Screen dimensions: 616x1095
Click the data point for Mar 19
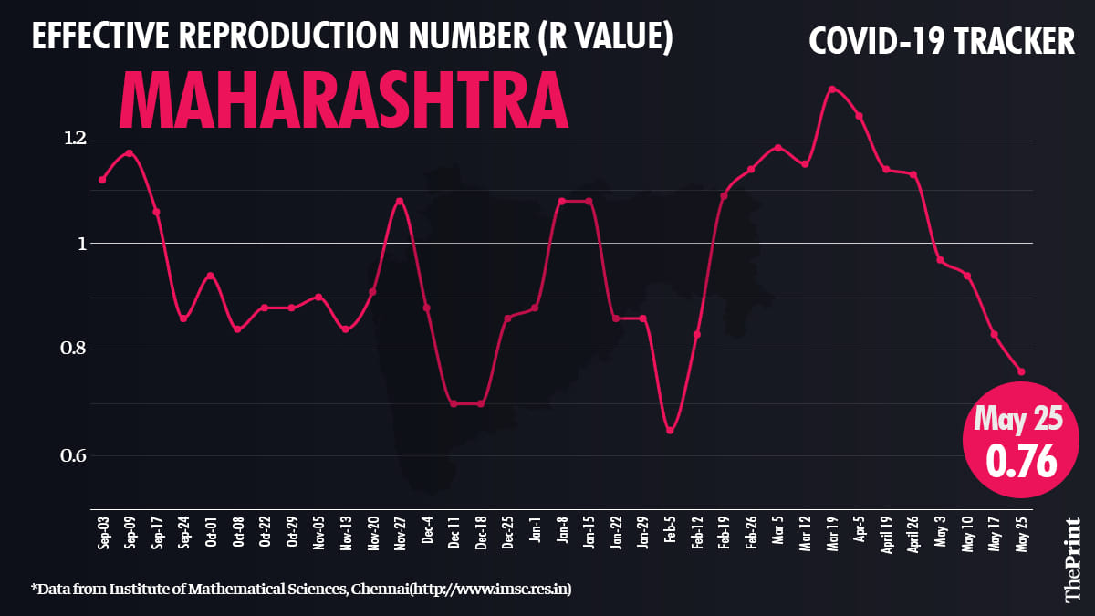(831, 89)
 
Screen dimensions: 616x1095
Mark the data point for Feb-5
(670, 430)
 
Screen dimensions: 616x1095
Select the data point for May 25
(1021, 371)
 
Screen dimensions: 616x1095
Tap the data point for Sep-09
(130, 152)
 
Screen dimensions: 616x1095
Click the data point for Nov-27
(399, 201)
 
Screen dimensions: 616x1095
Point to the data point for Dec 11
(454, 403)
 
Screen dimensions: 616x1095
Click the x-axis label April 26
(912, 536)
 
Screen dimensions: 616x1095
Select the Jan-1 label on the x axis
(535, 530)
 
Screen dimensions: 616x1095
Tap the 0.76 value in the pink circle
(1020, 460)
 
